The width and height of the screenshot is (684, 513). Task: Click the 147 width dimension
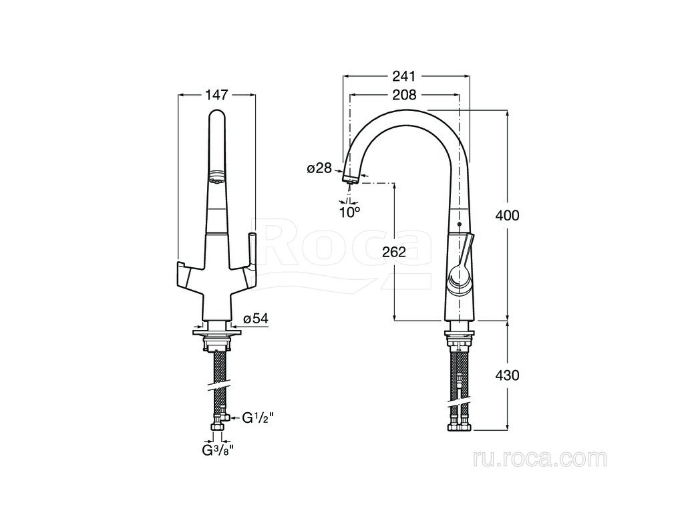click(216, 94)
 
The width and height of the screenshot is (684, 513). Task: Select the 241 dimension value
click(404, 76)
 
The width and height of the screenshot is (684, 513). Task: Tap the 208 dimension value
click(404, 94)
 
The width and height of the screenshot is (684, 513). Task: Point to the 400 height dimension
click(508, 215)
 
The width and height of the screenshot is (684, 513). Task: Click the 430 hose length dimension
click(508, 375)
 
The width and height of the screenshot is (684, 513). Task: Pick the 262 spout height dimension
click(394, 252)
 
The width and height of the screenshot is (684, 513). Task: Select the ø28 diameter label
click(319, 168)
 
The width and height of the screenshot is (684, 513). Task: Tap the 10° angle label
click(350, 212)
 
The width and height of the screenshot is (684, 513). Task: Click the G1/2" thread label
click(258, 418)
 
